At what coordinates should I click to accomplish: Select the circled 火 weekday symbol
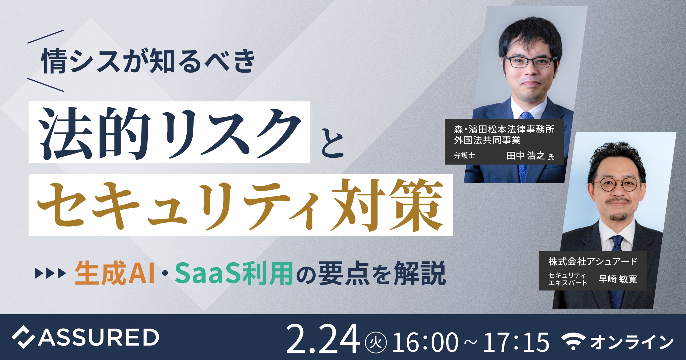coord(376,342)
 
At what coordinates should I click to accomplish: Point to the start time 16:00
coord(425,342)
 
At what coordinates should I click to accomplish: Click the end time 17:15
coord(516,342)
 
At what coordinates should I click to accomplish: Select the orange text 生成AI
coord(115,273)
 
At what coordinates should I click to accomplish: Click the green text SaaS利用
coord(234,273)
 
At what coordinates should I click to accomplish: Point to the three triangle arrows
coord(50,273)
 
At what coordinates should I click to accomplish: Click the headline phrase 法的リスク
coord(170,133)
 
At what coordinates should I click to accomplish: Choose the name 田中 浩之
coord(525,155)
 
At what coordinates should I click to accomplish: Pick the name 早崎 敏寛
coord(618,279)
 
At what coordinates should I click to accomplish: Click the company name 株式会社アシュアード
coord(593,261)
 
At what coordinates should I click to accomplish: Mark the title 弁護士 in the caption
coord(464,156)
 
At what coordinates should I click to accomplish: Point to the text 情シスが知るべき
coord(148,61)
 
